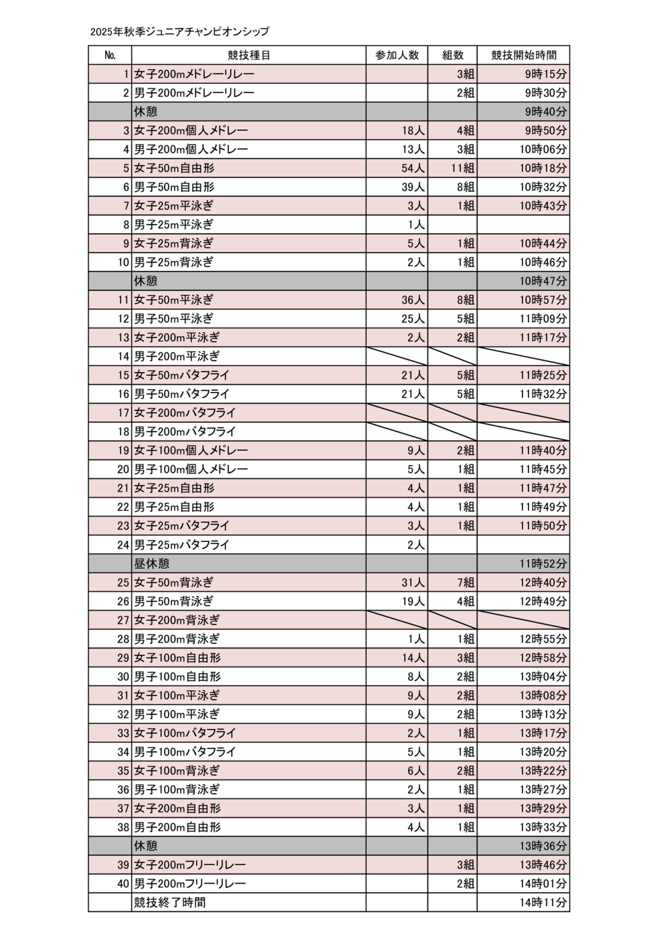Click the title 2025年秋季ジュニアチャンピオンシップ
tap(180, 31)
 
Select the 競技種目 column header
tap(249, 55)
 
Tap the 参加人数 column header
tap(397, 55)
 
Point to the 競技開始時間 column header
tap(523, 55)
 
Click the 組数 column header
tap(453, 55)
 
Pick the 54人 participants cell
tap(413, 168)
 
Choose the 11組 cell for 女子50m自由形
tap(463, 168)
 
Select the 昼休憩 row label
tap(152, 563)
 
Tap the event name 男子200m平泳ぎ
tap(177, 356)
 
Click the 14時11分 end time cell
tap(543, 902)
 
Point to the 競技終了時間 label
tap(169, 902)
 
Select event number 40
tap(123, 883)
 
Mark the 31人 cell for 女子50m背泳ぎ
tap(413, 583)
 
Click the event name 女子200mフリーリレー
tap(190, 865)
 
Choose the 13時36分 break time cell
tap(543, 846)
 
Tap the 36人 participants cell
tap(413, 300)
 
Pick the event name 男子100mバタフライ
tap(185, 752)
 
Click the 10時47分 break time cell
tap(543, 281)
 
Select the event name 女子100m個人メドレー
tap(191, 450)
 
